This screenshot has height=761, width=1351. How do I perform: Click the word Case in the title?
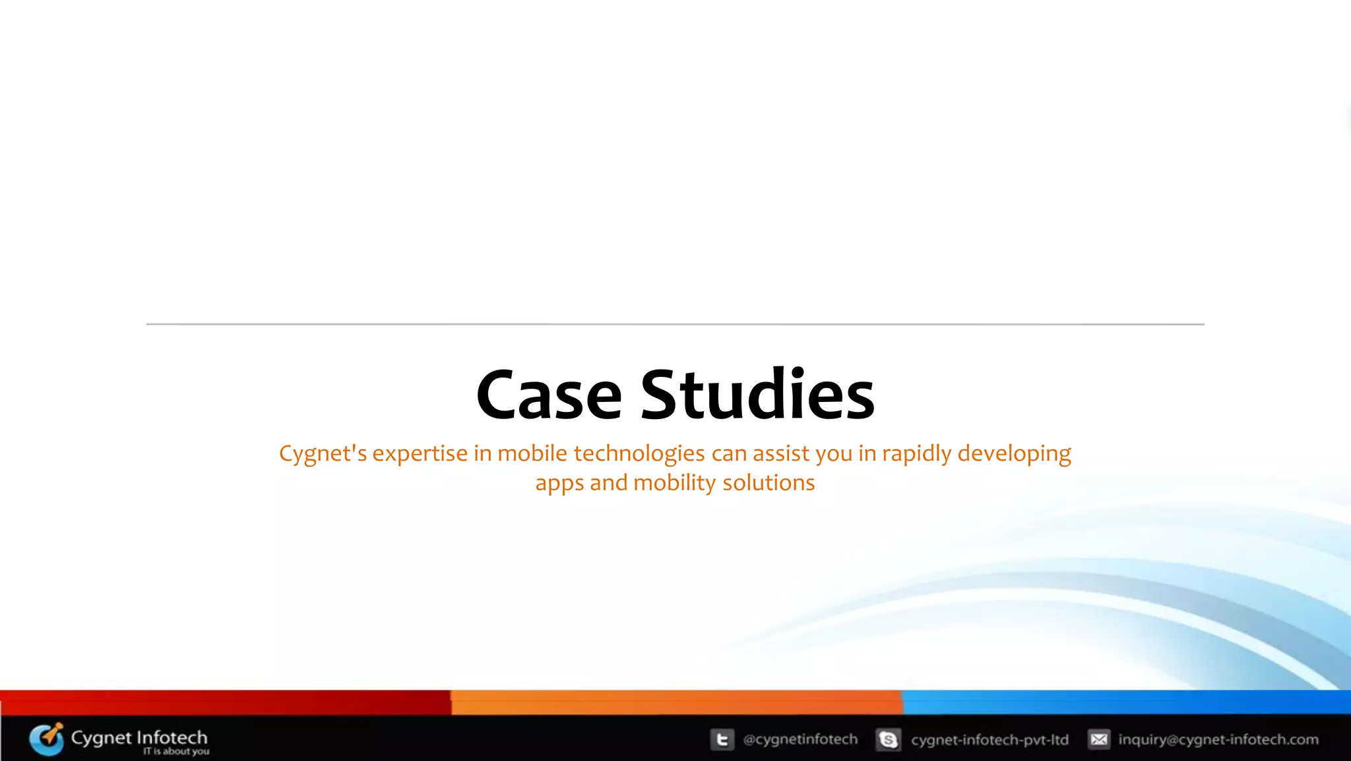(x=549, y=395)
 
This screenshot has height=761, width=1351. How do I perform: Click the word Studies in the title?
(x=757, y=395)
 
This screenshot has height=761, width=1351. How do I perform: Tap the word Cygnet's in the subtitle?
(x=323, y=454)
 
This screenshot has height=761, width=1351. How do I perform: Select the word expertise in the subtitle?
(x=420, y=454)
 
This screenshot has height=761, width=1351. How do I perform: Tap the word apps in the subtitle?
(x=559, y=484)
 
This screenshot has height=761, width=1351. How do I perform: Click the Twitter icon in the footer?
(x=722, y=740)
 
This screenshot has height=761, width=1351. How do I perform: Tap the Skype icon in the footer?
(x=888, y=740)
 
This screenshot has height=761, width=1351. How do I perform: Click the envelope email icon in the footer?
(x=1099, y=740)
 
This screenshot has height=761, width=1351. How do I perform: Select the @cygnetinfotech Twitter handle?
(x=800, y=740)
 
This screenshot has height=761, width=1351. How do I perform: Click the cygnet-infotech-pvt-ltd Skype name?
(x=990, y=740)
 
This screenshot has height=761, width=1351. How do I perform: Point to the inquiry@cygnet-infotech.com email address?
(x=1218, y=740)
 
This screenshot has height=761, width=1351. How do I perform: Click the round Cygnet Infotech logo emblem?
(x=47, y=739)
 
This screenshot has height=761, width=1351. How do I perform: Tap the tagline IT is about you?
(x=176, y=752)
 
